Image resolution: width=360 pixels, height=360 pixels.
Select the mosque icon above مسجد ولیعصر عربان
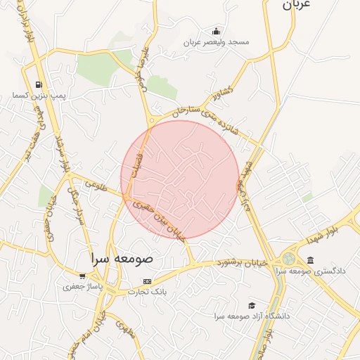tap(216, 31)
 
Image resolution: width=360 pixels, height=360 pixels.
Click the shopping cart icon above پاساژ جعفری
tap(83, 276)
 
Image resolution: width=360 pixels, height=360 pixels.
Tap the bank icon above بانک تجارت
tap(147, 281)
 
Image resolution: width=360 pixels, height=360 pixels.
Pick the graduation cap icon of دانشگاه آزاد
tap(252, 306)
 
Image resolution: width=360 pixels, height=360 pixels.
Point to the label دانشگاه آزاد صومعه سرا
tap(252, 316)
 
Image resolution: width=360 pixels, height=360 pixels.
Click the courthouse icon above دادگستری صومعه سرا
tap(310, 260)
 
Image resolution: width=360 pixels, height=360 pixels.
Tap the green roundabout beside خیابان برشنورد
tap(290, 259)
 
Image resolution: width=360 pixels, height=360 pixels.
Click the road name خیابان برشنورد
tap(243, 263)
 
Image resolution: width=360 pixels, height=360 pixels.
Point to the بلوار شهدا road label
tap(327, 229)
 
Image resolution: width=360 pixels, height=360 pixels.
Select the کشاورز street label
tap(219, 91)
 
